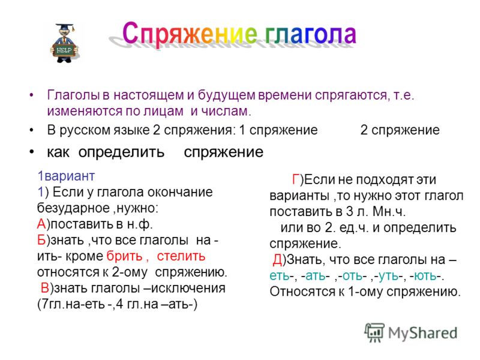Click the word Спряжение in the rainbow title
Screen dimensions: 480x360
coord(190,35)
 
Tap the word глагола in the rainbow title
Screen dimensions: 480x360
coord(311,34)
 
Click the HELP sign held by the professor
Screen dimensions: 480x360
coord(64,50)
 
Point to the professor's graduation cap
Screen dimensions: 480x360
coord(65,26)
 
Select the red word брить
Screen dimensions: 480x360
coord(125,256)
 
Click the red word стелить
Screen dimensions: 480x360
coord(181,256)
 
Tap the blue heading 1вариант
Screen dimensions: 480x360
coord(66,176)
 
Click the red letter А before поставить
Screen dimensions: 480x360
coord(41,224)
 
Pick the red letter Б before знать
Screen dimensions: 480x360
coord(41,240)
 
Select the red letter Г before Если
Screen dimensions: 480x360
coord(296,179)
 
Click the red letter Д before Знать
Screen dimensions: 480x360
coord(277,260)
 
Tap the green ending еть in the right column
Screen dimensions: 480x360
coord(280,276)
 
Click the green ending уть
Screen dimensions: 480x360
coord(389,276)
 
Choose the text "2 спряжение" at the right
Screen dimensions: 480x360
coord(400,130)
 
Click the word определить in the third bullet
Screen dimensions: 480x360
coord(121,152)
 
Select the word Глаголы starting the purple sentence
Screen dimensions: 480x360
coord(73,95)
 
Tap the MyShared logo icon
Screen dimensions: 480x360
coord(374,332)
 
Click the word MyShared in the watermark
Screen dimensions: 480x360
coord(423,333)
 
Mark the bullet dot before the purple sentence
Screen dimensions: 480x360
coord(31,95)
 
